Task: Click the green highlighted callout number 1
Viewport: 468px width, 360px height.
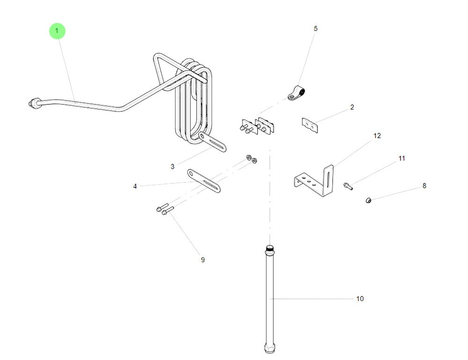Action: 57,31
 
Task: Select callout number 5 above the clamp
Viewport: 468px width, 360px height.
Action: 315,29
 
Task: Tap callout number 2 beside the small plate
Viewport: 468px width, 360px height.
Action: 352,108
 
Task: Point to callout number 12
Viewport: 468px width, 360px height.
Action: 377,136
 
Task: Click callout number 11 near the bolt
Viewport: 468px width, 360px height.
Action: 402,159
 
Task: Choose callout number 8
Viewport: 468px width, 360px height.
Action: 424,186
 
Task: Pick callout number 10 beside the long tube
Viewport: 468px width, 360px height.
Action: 360,299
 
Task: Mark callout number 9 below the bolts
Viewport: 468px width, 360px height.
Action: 203,260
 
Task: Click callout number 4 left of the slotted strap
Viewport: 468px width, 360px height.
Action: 135,186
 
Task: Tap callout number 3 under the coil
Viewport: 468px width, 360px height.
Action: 172,167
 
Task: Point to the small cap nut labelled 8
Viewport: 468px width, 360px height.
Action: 368,201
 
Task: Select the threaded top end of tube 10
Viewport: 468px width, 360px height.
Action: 270,248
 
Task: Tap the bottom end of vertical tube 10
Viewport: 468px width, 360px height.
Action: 270,348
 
